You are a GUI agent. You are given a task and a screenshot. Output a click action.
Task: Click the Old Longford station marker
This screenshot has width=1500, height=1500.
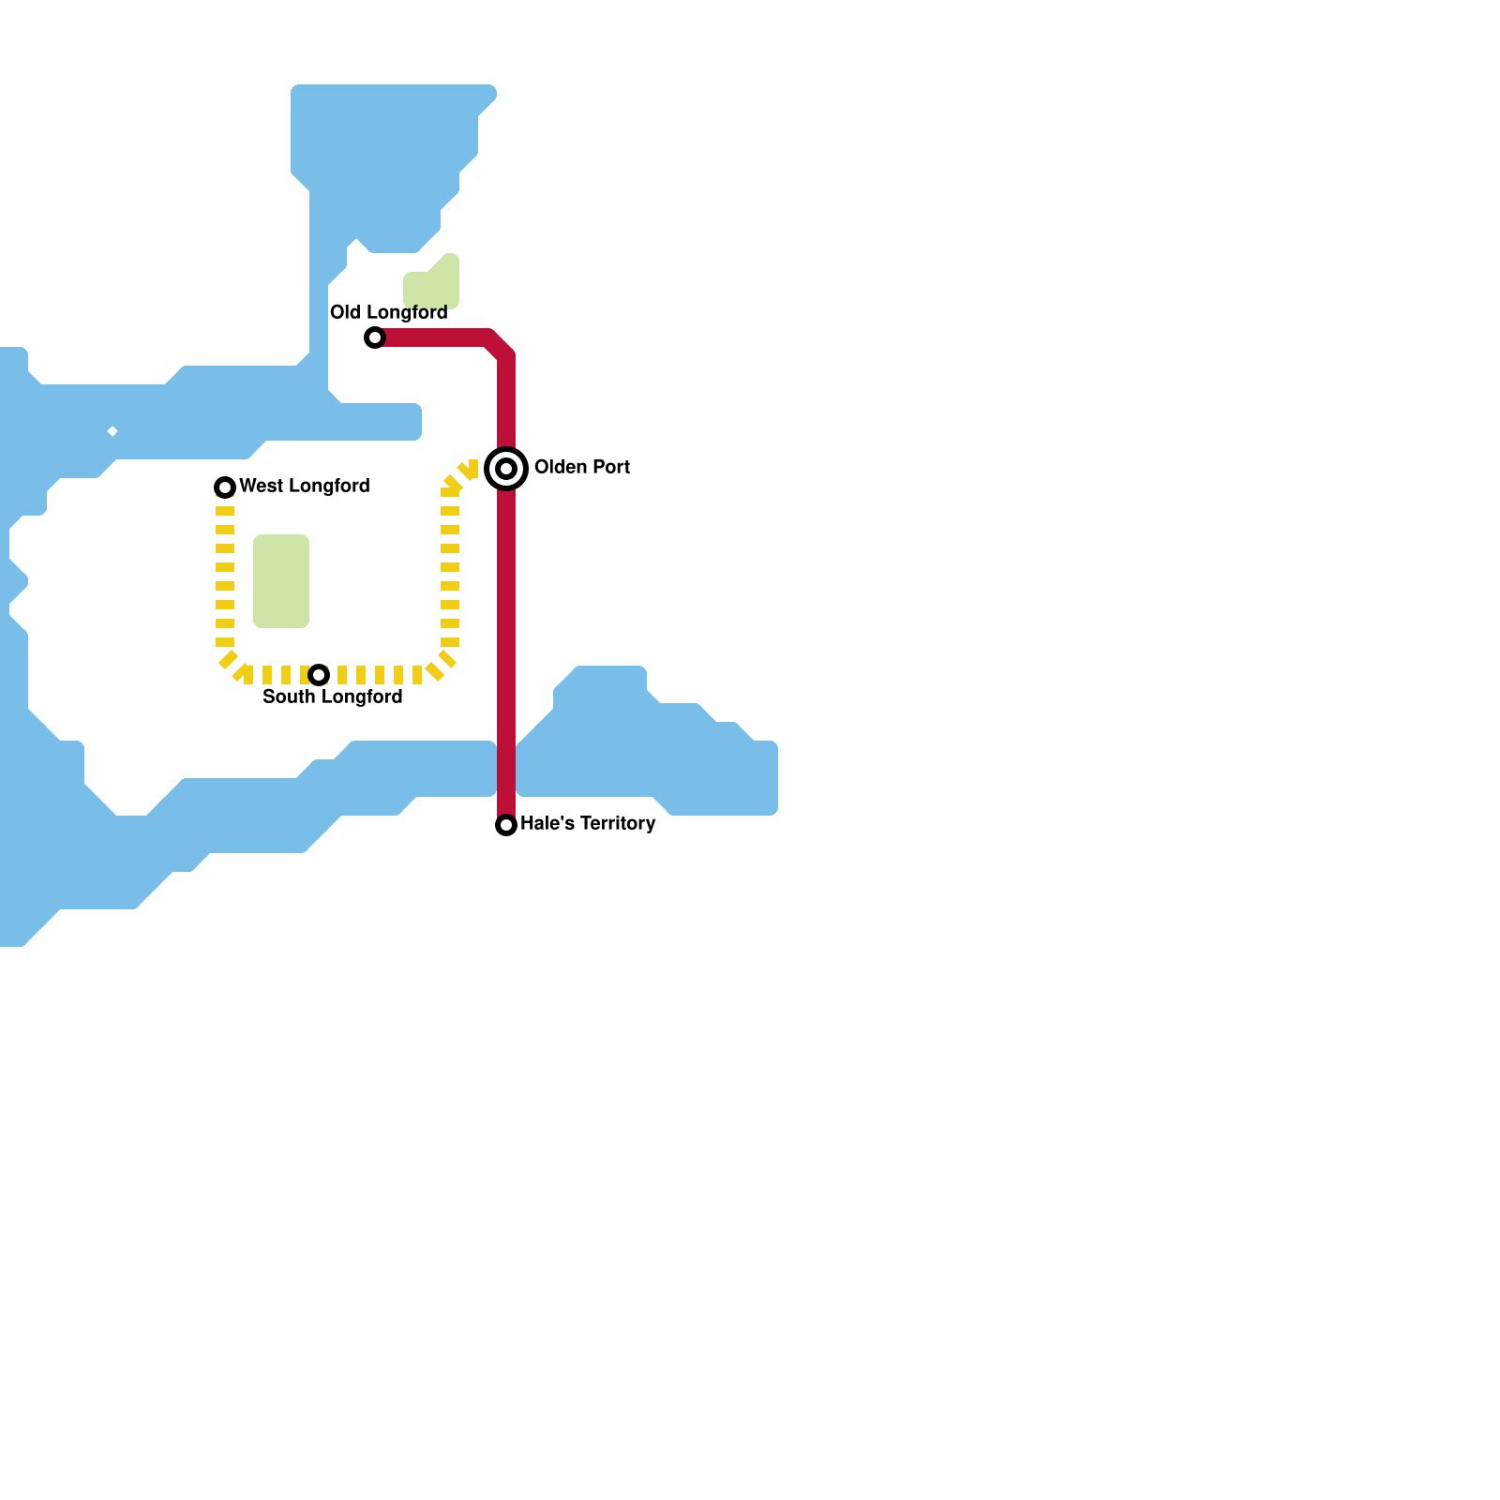(x=375, y=337)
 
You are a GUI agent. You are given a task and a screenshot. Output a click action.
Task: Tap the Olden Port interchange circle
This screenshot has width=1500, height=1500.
(x=506, y=468)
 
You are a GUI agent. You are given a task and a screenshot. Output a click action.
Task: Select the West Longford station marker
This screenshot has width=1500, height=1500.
(x=225, y=487)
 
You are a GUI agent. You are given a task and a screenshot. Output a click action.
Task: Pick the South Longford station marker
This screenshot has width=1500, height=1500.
(x=319, y=675)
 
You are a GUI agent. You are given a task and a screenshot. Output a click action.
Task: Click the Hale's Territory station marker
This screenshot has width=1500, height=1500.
(x=506, y=825)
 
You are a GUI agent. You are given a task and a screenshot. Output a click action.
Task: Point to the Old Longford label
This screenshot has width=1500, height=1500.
(x=388, y=312)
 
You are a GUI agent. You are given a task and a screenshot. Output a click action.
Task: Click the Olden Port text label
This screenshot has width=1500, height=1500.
(x=581, y=467)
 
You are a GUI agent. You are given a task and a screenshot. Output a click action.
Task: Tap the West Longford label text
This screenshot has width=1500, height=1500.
(x=304, y=486)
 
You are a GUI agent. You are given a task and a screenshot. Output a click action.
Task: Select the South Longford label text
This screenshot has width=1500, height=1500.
(x=332, y=697)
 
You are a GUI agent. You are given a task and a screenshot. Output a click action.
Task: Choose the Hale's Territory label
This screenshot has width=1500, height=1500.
(x=587, y=823)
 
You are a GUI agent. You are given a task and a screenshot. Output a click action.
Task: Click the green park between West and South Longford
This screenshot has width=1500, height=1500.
(x=281, y=581)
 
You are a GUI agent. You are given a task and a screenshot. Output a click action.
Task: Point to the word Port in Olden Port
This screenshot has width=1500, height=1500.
(x=609, y=467)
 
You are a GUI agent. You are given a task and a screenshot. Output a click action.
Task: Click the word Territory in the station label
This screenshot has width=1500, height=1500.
(x=618, y=823)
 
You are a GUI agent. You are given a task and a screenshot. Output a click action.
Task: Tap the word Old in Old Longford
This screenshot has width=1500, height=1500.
(x=345, y=312)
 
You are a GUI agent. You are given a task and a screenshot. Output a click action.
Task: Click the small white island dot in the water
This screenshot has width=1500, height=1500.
(x=112, y=431)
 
